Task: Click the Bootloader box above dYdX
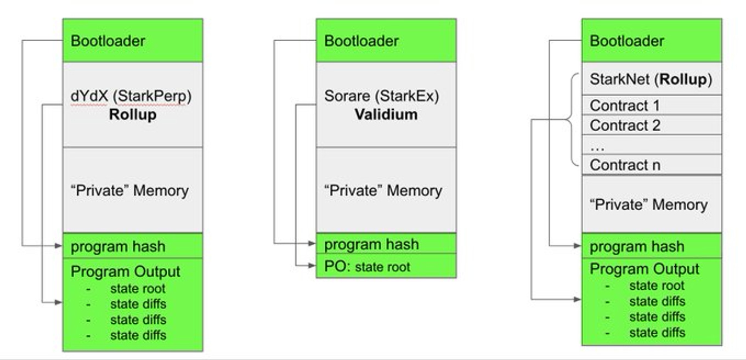click(x=133, y=41)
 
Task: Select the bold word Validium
click(x=386, y=115)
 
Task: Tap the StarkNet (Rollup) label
click(x=651, y=80)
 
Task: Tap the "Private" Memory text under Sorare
click(x=383, y=190)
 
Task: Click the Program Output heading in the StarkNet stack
click(x=645, y=269)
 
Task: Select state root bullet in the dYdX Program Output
click(x=138, y=289)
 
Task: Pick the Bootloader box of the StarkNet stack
click(x=652, y=41)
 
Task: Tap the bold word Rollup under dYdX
click(x=133, y=115)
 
